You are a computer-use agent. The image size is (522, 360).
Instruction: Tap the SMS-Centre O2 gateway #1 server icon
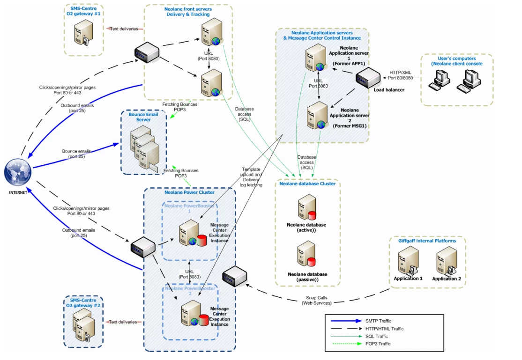pyautogui.click(x=80, y=34)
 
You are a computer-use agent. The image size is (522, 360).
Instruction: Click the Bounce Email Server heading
pyautogui.click(x=143, y=117)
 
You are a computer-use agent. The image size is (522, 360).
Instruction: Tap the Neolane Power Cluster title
pyautogui.click(x=189, y=192)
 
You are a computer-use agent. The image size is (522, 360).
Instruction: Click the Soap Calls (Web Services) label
pyautogui.click(x=318, y=300)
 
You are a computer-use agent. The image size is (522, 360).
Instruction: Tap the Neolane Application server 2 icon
pyautogui.click(x=315, y=117)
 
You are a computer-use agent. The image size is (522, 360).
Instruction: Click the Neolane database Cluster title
pyautogui.click(x=307, y=184)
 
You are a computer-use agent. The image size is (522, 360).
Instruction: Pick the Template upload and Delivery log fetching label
pyautogui.click(x=252, y=177)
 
